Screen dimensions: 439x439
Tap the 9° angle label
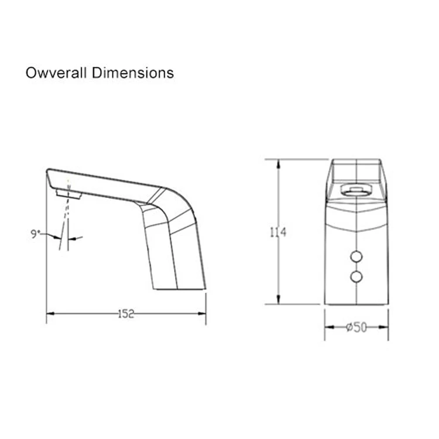pyautogui.click(x=35, y=234)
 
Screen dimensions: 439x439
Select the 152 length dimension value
pyautogui.click(x=126, y=314)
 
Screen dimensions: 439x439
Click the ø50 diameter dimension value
pyautogui.click(x=356, y=328)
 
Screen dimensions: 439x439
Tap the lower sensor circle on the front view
pyautogui.click(x=356, y=276)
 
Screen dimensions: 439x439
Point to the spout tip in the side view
pyautogui.click(x=47, y=171)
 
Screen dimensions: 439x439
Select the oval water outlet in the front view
pyautogui.click(x=355, y=188)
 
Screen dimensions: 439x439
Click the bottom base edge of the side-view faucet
pyautogui.click(x=179, y=289)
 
